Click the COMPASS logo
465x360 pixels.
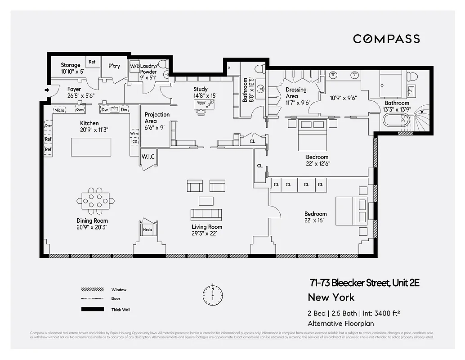coord(386,39)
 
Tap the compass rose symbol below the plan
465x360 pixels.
coord(213,295)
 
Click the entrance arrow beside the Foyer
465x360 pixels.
coord(47,90)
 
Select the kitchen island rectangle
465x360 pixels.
coord(91,147)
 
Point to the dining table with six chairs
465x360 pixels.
coord(95,200)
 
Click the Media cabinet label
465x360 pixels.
coord(148,229)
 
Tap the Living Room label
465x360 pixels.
coord(207,227)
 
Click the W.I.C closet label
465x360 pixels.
coord(148,157)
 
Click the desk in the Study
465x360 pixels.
coord(204,104)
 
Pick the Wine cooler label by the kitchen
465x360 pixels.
coord(134,134)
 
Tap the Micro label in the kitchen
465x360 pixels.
coord(59,110)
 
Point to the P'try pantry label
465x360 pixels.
coord(114,66)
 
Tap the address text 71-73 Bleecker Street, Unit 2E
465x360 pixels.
coord(364,283)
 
